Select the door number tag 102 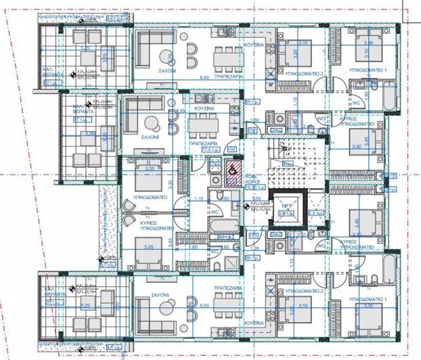231,150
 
